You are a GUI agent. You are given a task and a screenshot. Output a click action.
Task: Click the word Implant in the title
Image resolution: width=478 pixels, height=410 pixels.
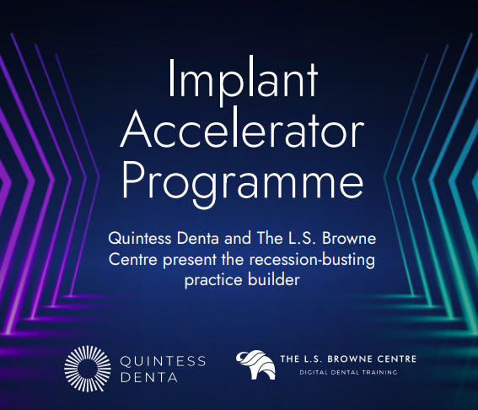tap(243, 81)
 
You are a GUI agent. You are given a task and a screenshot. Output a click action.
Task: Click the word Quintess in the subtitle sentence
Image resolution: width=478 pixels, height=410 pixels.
tap(140, 239)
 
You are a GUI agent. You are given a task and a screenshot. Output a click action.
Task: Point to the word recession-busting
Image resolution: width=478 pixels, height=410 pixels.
tap(312, 260)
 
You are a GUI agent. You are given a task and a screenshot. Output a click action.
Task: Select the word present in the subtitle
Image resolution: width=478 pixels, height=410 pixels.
tap(190, 261)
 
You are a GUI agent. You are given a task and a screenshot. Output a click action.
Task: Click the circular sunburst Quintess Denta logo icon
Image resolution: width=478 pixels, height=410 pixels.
tap(88, 369)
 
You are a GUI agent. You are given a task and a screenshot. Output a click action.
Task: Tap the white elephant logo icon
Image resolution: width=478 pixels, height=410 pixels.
tap(255, 364)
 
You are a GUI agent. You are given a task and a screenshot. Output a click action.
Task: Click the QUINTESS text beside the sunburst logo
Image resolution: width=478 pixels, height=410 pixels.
tap(163, 362)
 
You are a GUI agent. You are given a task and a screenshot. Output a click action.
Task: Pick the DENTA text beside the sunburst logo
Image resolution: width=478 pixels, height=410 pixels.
tap(149, 377)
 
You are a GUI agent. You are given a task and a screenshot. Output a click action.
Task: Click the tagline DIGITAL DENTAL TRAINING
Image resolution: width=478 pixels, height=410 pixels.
tap(348, 373)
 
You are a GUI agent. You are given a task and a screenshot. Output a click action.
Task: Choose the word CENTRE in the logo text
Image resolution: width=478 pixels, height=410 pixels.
tap(396, 359)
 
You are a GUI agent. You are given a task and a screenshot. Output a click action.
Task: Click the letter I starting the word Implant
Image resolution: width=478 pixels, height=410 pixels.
tap(171, 78)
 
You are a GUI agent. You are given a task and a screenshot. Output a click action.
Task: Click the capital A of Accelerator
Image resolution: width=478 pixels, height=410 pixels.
tap(136, 129)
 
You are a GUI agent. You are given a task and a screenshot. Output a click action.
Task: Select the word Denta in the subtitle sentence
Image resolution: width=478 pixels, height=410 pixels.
tap(198, 238)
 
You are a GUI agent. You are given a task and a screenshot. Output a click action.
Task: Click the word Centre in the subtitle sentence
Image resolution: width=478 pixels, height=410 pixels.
tap(133, 260)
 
